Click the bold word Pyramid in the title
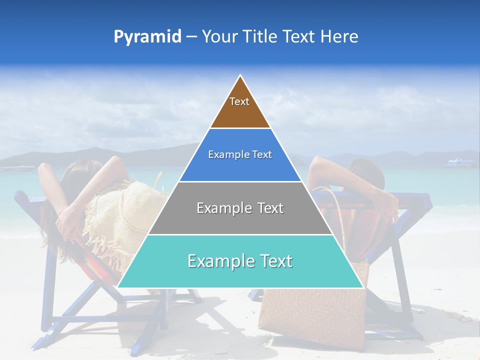point(147,37)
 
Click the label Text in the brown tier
point(239,101)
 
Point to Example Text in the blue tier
point(240,154)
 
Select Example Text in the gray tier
point(240,208)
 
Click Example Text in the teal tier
point(240,261)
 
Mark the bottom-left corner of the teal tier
point(118,287)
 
